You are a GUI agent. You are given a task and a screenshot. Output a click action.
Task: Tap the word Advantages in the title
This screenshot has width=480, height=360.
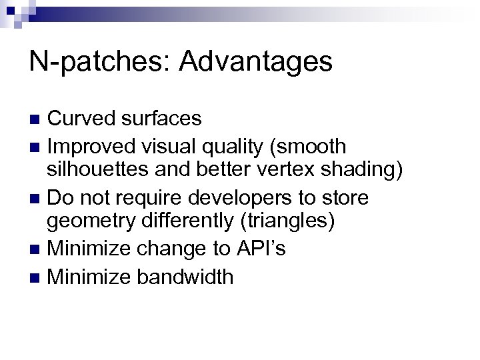255,62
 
